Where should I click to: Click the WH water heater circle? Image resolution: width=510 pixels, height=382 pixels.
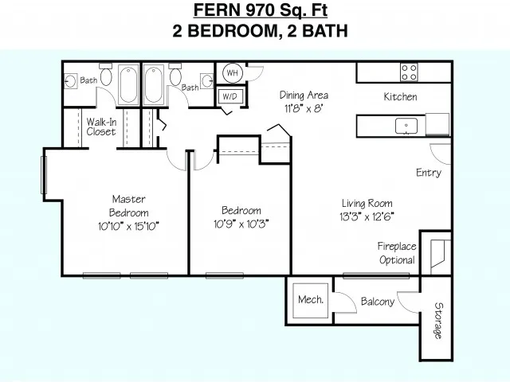[233, 72]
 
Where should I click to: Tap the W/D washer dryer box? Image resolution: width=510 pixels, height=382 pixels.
[230, 96]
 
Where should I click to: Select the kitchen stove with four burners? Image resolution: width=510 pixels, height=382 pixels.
[409, 72]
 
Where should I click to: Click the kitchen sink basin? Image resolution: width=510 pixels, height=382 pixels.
[406, 126]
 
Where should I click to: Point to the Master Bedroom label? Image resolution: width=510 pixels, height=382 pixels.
[129, 205]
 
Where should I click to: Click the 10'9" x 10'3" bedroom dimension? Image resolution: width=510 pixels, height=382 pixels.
[241, 224]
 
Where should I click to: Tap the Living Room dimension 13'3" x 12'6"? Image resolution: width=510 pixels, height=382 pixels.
[367, 216]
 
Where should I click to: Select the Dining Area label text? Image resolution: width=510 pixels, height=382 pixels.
[304, 95]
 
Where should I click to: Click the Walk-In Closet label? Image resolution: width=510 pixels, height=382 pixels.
[101, 127]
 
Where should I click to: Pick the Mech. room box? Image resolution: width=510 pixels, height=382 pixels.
[310, 301]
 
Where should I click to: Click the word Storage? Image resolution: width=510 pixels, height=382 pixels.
[439, 321]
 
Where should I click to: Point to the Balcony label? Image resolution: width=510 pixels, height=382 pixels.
[378, 302]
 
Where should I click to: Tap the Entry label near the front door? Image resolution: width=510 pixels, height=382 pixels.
[429, 173]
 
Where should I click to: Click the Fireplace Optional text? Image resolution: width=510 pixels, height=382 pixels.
[397, 253]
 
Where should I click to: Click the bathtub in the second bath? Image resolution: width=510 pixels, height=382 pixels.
[154, 84]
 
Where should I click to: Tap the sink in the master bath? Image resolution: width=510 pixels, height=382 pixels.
[70, 81]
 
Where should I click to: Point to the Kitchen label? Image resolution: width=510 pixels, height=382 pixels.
[400, 96]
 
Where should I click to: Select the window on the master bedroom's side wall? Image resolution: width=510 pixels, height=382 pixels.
[44, 175]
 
